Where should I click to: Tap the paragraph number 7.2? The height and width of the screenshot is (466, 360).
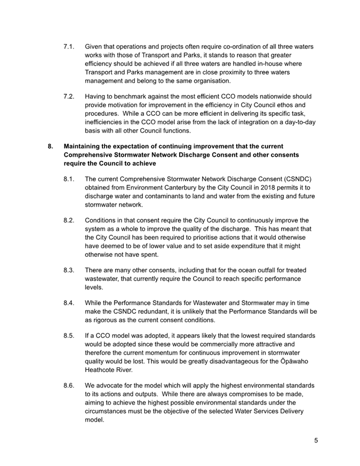pos(69,97)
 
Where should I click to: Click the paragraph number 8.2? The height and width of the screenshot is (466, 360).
pos(69,220)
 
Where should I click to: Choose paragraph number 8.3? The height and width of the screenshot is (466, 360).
pos(69,270)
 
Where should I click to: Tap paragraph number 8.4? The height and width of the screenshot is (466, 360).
pos(69,303)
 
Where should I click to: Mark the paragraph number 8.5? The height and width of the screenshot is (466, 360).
pos(69,336)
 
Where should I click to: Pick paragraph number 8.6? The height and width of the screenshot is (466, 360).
pos(69,385)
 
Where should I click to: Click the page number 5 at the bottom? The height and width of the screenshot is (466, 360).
pos(316,440)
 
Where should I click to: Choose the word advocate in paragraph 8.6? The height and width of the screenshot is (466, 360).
pos(113,385)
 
